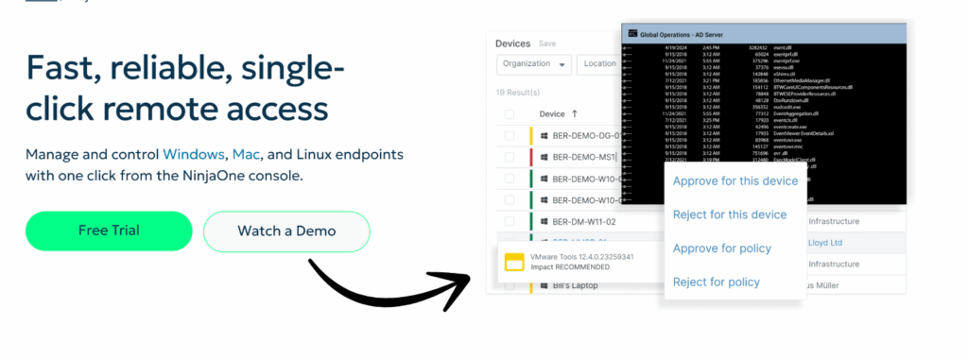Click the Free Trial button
click(109, 231)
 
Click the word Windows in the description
click(193, 154)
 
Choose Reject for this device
click(729, 214)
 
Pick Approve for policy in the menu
click(721, 249)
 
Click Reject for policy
click(716, 282)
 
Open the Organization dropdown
click(534, 64)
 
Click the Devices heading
click(513, 43)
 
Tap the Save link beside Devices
click(547, 43)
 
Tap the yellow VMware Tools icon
click(514, 262)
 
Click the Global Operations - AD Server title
click(682, 34)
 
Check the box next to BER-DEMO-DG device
click(510, 136)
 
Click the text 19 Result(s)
click(518, 93)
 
